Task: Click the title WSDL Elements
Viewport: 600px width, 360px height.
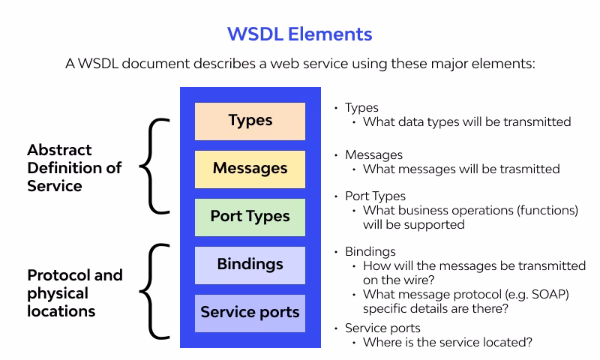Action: [x=300, y=34]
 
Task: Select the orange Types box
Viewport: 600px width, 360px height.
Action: [x=250, y=121]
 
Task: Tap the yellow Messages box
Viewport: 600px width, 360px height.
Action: [x=250, y=169]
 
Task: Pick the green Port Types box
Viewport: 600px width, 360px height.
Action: [x=250, y=217]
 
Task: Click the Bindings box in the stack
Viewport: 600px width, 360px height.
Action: [x=250, y=265]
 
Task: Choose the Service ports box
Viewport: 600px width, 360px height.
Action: [x=250, y=313]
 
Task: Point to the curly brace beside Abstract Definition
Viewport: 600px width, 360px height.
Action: [x=154, y=165]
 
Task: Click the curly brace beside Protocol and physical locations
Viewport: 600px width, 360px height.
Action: [x=154, y=289]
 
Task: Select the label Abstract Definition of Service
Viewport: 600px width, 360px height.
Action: [x=73, y=168]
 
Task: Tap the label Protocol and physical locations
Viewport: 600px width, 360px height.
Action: [x=73, y=293]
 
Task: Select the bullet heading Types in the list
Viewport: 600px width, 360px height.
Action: [x=361, y=108]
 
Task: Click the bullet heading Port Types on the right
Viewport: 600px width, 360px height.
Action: [x=375, y=196]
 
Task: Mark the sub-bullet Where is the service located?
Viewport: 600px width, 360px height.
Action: [x=448, y=343]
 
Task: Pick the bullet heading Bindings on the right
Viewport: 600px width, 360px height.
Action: [x=370, y=251]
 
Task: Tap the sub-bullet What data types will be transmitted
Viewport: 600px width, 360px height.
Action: [x=466, y=121]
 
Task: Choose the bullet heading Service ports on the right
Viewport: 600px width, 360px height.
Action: [x=382, y=328]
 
